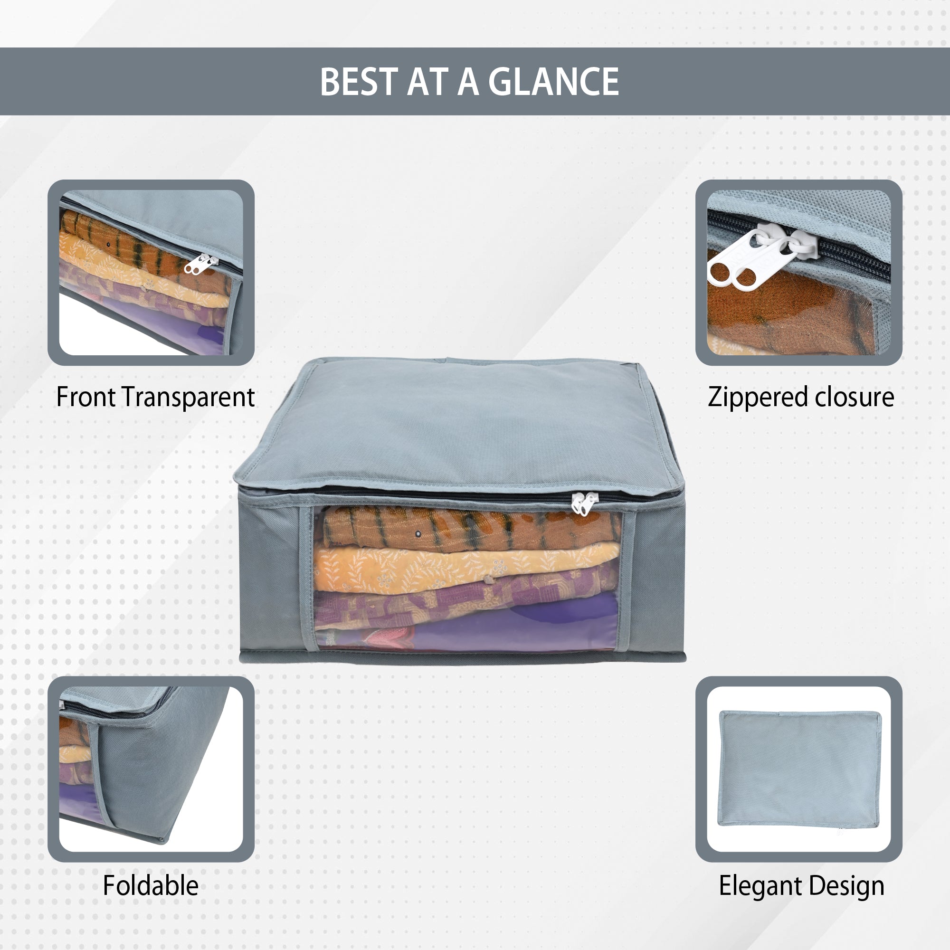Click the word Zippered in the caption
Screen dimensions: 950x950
[x=757, y=398]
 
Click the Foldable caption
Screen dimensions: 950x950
[x=151, y=885]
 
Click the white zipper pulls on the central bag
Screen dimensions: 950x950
[x=584, y=503]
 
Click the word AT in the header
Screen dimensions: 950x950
[x=427, y=82]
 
